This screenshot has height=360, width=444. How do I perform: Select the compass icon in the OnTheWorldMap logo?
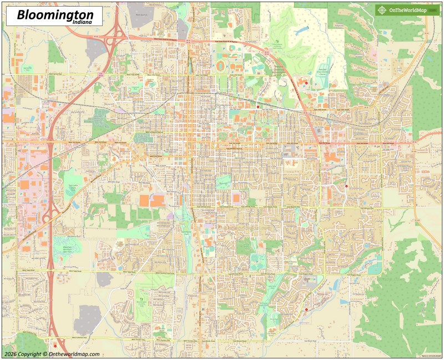click(382, 9)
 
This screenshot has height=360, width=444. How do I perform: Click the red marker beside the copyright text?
click(55, 346)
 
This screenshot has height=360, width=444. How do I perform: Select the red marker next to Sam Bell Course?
click(306, 82)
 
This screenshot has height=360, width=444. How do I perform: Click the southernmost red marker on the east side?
click(306, 310)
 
